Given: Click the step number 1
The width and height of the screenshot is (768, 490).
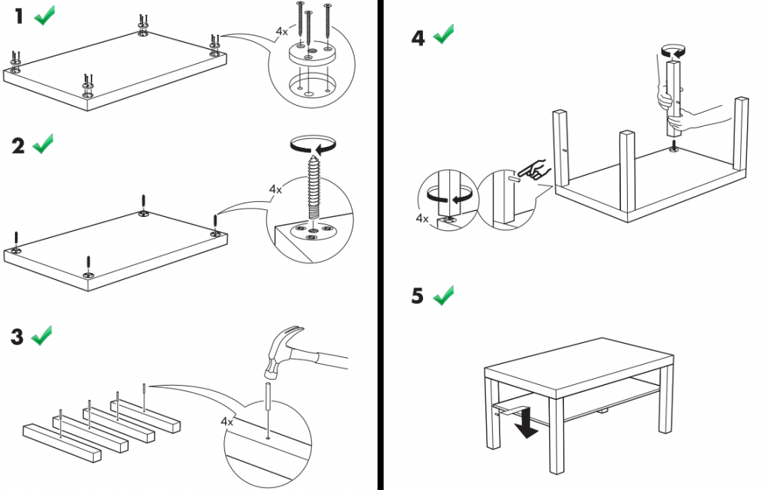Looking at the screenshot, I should pyautogui.click(x=19, y=17).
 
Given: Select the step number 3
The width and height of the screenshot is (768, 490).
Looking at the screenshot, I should pyautogui.click(x=18, y=337).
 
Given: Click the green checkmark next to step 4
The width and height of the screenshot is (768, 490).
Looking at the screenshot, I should pyautogui.click(x=444, y=35).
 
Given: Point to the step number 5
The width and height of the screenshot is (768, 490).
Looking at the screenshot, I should pyautogui.click(x=418, y=296).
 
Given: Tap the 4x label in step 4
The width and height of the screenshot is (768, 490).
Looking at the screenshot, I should pyautogui.click(x=421, y=219).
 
